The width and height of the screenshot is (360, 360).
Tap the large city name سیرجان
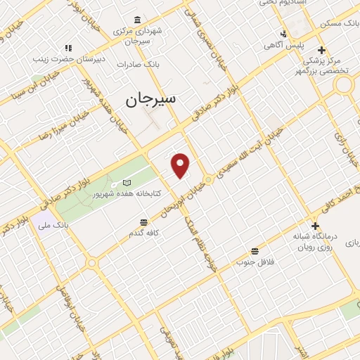point(151,99)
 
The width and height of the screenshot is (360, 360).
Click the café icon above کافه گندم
point(143,222)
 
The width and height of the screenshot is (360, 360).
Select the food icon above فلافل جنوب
point(254,250)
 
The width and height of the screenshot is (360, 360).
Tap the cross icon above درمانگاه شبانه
point(315,226)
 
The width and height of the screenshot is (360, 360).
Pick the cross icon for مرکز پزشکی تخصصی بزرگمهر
point(321,50)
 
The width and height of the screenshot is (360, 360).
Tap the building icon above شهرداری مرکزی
point(136,20)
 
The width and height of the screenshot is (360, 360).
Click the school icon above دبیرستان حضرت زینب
point(68,48)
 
